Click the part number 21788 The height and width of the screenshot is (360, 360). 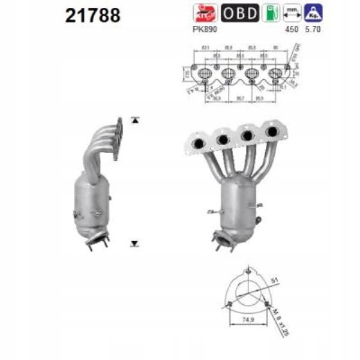tap(92, 15)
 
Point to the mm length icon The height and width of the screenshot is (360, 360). tap(292, 13)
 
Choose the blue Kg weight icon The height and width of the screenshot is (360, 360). tap(311, 13)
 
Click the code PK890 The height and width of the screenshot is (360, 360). tap(206, 29)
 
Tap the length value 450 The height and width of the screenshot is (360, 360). tap(292, 29)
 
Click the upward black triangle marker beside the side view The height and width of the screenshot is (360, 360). tap(136, 120)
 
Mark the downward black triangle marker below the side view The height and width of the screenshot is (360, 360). tap(135, 244)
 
